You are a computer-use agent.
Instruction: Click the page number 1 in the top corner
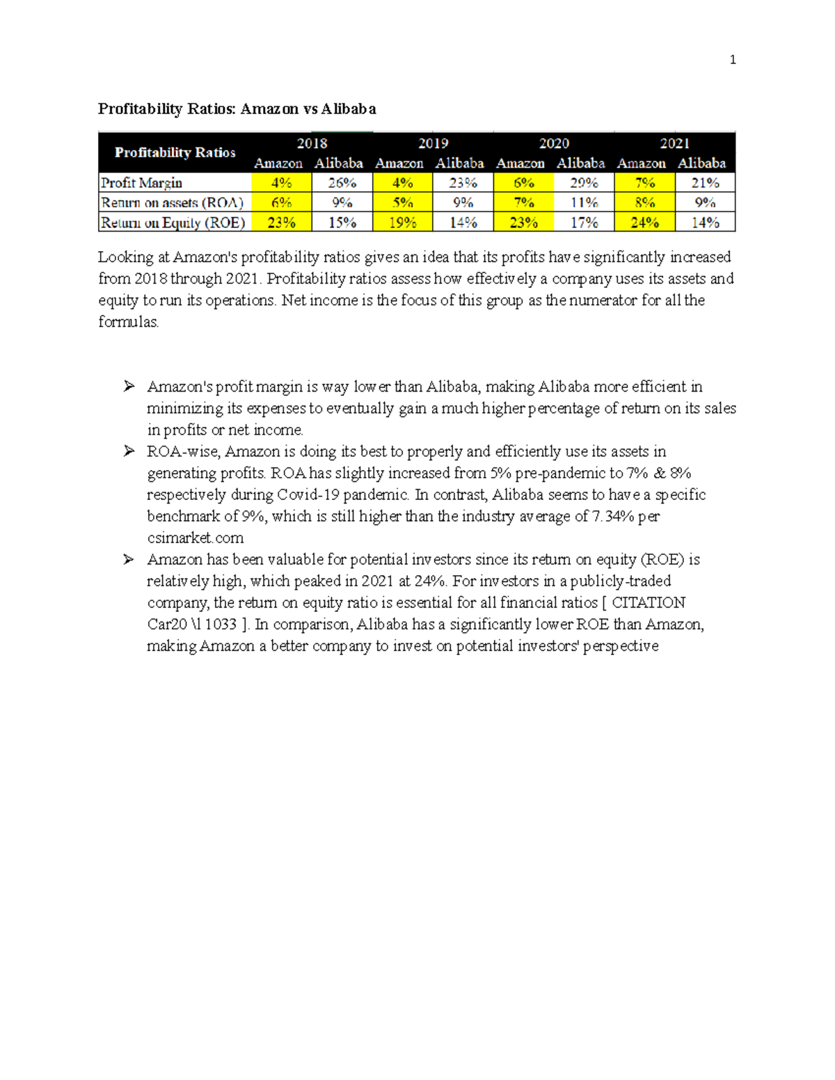point(732,60)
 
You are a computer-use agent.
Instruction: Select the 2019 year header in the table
point(433,143)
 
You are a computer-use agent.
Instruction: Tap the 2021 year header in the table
point(674,143)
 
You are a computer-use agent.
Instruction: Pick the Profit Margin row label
point(142,183)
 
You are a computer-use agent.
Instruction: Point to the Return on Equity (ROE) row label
point(173,223)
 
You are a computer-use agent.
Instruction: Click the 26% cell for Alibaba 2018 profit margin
point(342,183)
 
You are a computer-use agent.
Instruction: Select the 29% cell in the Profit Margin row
point(584,183)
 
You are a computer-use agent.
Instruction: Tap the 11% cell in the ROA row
point(584,202)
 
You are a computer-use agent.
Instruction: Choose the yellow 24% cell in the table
point(644,223)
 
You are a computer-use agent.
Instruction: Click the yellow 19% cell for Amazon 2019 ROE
point(402,223)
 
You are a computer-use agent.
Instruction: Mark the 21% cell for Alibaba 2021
point(705,183)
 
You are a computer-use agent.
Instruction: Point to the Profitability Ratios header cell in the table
point(175,152)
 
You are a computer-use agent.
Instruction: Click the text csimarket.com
point(196,538)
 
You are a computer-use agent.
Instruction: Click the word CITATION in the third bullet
point(649,602)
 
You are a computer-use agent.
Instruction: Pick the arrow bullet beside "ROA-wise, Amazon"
point(129,451)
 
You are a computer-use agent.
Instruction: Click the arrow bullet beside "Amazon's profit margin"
point(129,387)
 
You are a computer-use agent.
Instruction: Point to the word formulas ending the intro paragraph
point(129,322)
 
